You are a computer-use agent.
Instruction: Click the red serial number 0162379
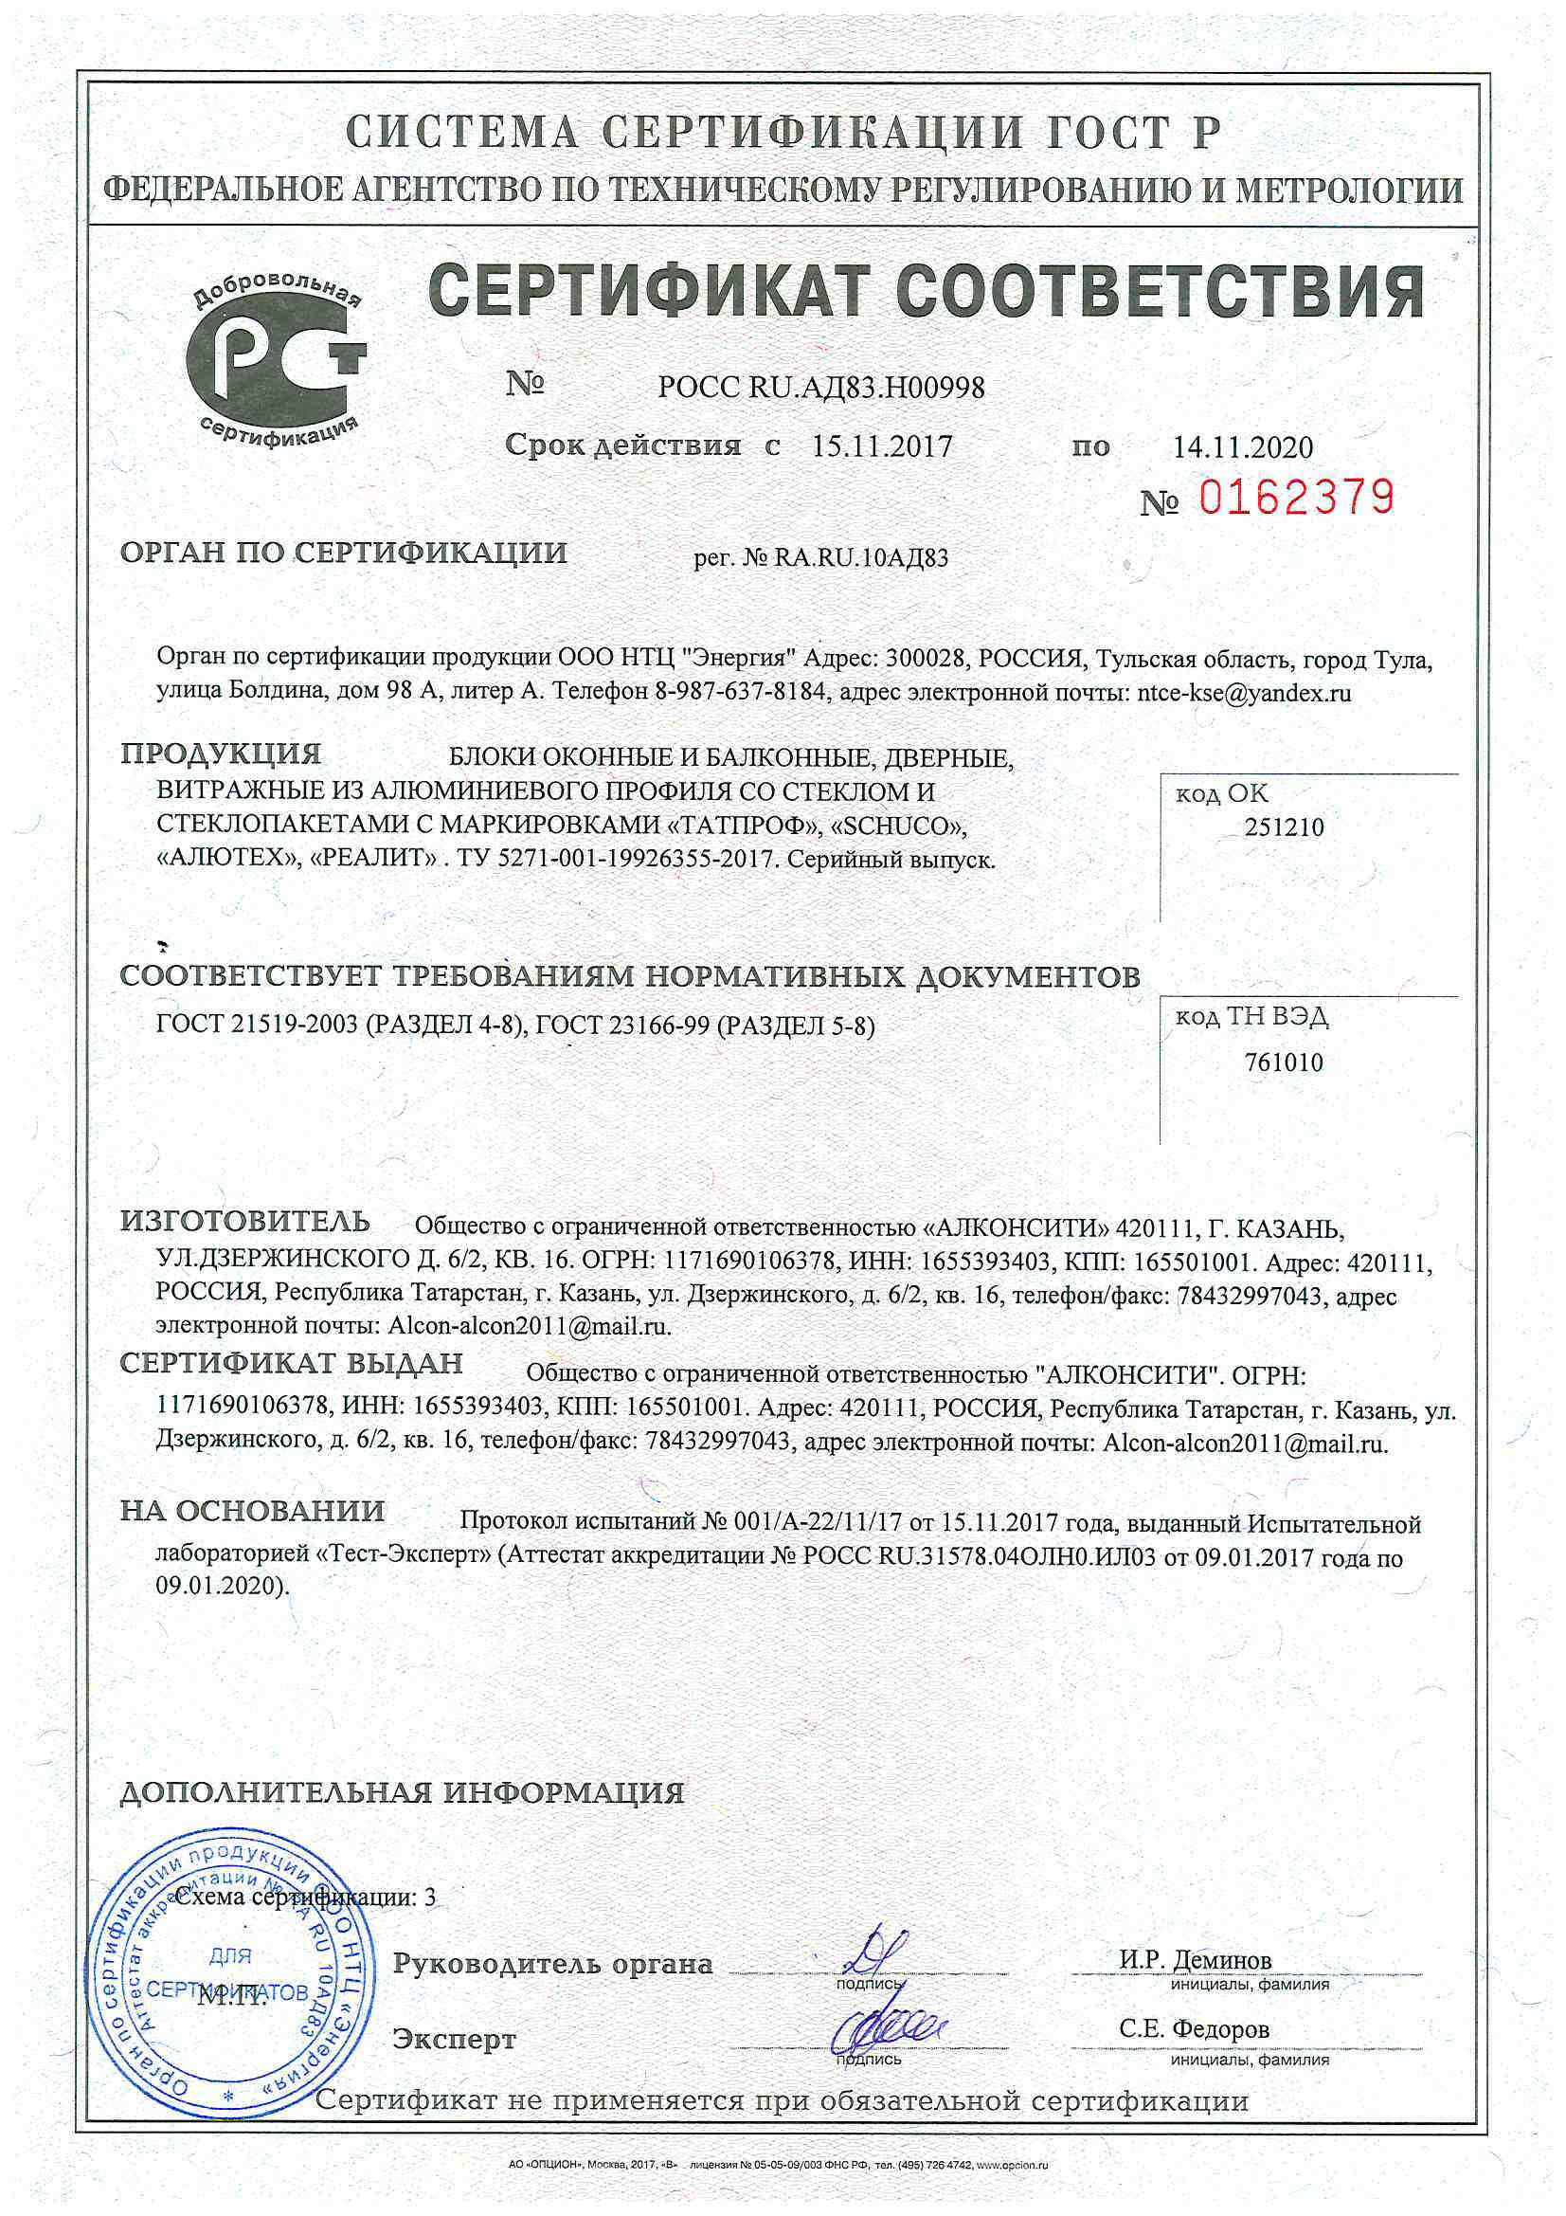[1296, 498]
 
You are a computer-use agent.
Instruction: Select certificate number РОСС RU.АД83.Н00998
[821, 388]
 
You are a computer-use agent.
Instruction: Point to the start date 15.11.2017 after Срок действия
[881, 446]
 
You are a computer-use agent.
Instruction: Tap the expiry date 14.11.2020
[1243, 447]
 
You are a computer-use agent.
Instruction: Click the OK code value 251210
[1285, 827]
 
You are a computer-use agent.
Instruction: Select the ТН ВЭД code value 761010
[1284, 1063]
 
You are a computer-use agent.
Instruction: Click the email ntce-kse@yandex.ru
[1244, 692]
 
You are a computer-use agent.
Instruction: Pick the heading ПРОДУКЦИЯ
[221, 754]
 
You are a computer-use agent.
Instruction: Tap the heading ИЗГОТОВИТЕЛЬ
[245, 1221]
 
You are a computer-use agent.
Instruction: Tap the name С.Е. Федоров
[1195, 2027]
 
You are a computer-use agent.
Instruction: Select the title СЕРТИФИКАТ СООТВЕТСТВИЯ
[926, 292]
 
